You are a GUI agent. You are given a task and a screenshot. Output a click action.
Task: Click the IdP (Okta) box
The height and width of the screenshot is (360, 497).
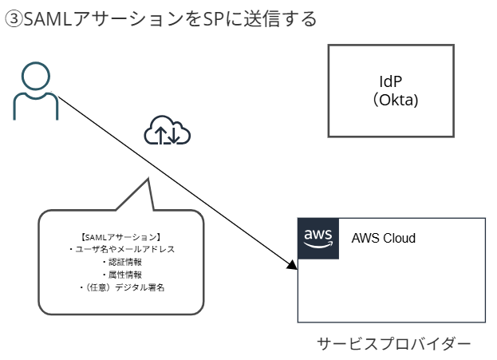click(391, 91)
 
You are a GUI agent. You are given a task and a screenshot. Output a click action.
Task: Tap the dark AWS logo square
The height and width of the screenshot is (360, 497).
click(317, 238)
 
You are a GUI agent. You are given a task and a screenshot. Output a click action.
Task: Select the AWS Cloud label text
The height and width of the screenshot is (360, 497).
click(384, 239)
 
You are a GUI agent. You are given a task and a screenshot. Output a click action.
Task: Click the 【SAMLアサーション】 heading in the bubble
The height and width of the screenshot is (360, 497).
click(121, 237)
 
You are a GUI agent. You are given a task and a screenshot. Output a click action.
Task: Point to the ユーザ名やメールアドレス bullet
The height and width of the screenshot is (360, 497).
click(121, 249)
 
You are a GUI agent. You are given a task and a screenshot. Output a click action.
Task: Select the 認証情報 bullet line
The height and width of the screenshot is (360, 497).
click(121, 261)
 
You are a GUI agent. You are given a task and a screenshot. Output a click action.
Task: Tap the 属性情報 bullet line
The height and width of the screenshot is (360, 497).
click(121, 274)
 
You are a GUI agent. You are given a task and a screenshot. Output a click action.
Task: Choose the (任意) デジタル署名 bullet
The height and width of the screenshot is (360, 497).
click(121, 286)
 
